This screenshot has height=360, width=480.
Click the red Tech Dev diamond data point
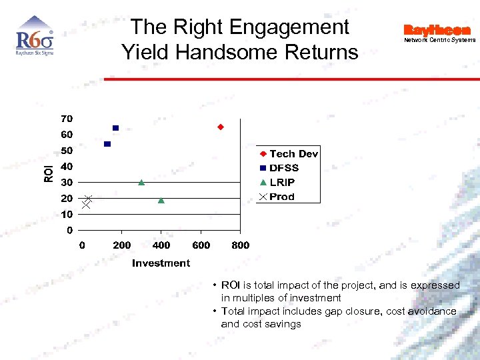(x=221, y=127)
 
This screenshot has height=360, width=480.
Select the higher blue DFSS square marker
(x=115, y=128)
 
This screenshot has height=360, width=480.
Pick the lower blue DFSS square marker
(x=107, y=144)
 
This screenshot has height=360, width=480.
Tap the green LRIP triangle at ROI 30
(x=141, y=182)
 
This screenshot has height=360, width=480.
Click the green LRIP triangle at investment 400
(x=161, y=200)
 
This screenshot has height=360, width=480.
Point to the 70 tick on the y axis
(x=67, y=119)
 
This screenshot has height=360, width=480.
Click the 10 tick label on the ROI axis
(x=67, y=215)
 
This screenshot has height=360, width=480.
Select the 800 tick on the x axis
(x=240, y=245)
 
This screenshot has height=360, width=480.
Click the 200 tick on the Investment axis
(x=121, y=245)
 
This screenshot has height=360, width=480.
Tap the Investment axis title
(x=161, y=263)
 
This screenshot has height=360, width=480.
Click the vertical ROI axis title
(x=48, y=174)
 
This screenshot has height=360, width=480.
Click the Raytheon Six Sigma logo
(x=34, y=39)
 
